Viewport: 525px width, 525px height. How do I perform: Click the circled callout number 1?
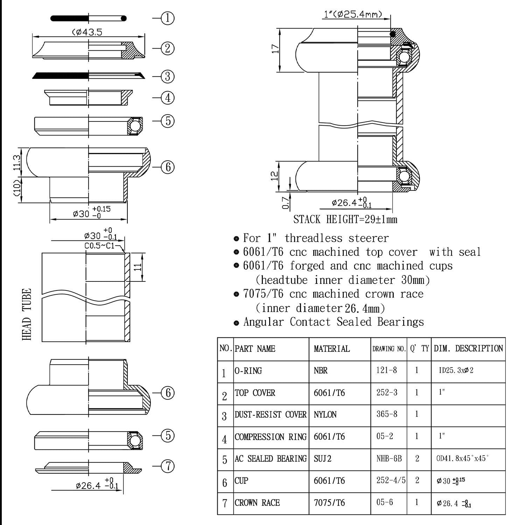[168, 18]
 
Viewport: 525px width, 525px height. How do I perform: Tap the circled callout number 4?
[168, 98]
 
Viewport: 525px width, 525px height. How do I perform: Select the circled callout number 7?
[168, 466]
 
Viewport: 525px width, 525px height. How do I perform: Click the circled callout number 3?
[168, 76]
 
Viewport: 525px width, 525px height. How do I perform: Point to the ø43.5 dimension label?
[87, 32]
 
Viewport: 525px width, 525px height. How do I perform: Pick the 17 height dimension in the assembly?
[276, 48]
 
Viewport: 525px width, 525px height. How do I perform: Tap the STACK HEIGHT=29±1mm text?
[345, 219]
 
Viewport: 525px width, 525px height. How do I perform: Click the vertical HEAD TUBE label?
[27, 314]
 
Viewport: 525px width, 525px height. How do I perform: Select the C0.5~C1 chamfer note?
[100, 246]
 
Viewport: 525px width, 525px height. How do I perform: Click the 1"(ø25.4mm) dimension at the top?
[352, 14]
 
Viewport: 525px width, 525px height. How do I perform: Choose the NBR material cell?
[321, 371]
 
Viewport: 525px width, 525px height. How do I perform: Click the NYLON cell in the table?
[325, 415]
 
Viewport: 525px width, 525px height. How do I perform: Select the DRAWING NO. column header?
[389, 349]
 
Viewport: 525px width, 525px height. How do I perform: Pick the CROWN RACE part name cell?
[257, 503]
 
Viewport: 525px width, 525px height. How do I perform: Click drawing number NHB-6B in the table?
[389, 458]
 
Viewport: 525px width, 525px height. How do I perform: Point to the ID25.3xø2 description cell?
[456, 370]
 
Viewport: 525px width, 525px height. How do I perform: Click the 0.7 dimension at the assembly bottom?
[286, 203]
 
